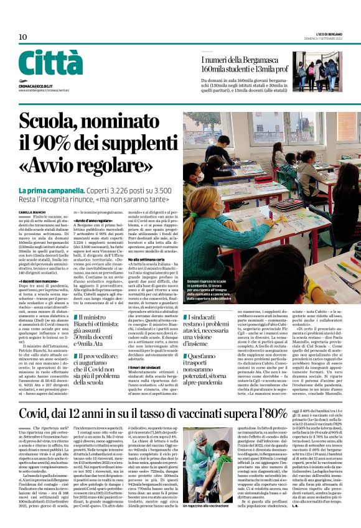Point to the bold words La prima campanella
click(x=47, y=190)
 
